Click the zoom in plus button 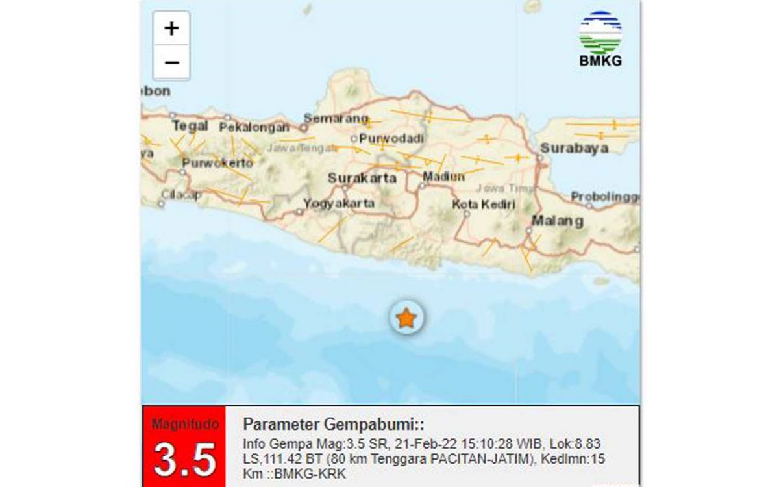click(x=171, y=29)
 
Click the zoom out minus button click(x=171, y=63)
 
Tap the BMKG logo click(x=600, y=40)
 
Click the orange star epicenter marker click(x=406, y=318)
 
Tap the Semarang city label click(x=336, y=119)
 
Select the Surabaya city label click(x=575, y=147)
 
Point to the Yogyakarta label click(x=340, y=203)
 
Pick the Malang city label click(x=557, y=221)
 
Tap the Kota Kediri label click(x=484, y=205)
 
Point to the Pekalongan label click(x=254, y=127)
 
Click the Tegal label click(x=190, y=125)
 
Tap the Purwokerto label click(x=217, y=162)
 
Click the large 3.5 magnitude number click(x=184, y=459)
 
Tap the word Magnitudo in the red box click(x=184, y=424)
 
